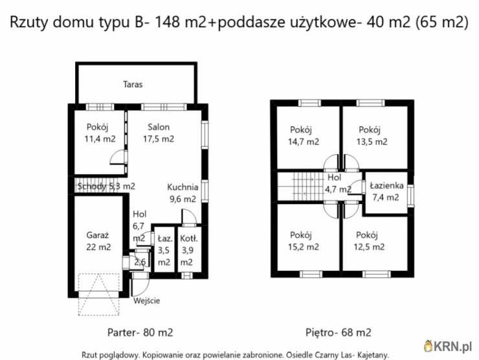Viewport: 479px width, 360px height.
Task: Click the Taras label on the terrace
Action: coord(133,84)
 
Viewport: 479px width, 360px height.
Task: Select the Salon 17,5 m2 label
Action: coord(159,133)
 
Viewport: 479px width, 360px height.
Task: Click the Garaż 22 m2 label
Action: coord(98,241)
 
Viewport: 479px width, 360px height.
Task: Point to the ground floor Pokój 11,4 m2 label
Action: coord(100,133)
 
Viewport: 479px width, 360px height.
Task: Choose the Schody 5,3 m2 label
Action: coord(106,186)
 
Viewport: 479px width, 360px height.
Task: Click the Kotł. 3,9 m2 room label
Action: coord(187,250)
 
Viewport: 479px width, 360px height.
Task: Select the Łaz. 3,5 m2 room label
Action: coord(164,250)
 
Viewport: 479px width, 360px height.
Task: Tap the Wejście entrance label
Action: coord(146,300)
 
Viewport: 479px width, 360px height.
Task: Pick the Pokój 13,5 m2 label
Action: coord(373,135)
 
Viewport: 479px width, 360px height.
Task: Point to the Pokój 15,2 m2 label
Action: coord(304,240)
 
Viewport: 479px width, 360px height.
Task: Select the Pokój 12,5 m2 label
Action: coord(370,240)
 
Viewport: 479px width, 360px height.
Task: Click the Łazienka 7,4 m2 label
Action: coord(386,192)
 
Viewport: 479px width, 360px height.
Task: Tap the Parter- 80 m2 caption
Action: coord(140,333)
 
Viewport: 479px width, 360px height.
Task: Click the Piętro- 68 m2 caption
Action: coord(338,333)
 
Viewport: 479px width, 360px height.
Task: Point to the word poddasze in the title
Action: coord(249,23)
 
